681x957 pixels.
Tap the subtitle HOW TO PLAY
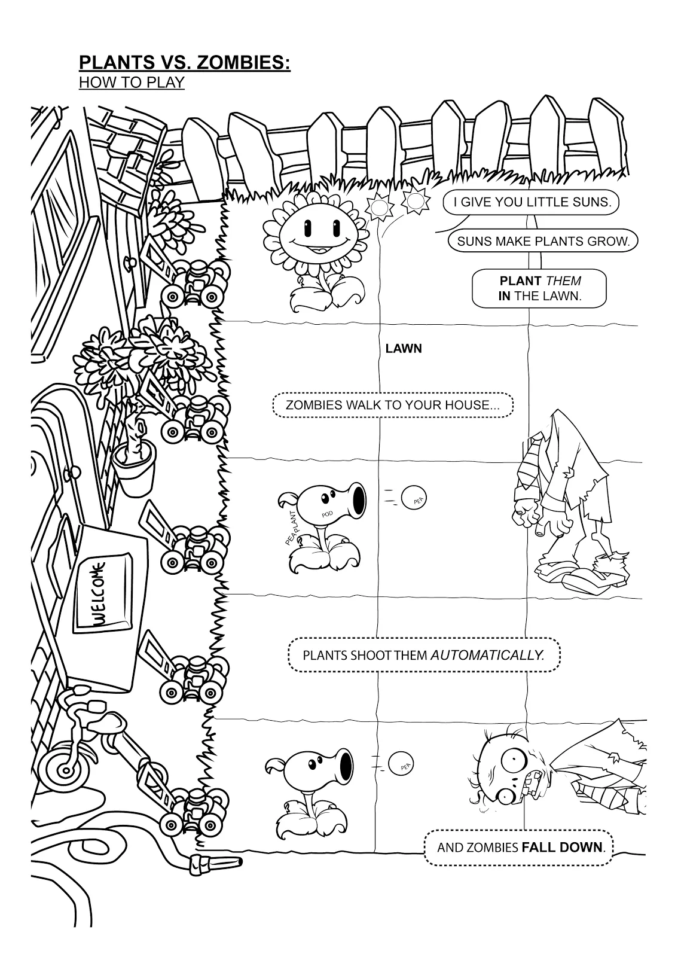[x=132, y=83]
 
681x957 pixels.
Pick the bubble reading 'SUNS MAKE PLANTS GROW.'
[x=543, y=242]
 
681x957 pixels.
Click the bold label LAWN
[x=404, y=349]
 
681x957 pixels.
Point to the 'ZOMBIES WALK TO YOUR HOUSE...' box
[x=393, y=405]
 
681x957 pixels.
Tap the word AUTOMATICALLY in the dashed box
[x=487, y=654]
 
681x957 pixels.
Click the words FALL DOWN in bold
[x=562, y=847]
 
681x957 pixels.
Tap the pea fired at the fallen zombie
[x=401, y=763]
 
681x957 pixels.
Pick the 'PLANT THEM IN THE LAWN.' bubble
[x=539, y=288]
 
